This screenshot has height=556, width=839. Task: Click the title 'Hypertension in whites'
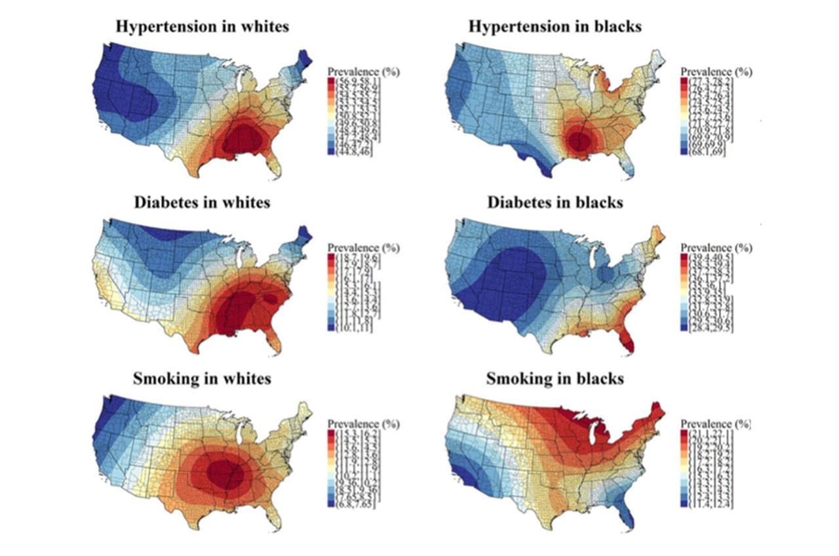coord(203,27)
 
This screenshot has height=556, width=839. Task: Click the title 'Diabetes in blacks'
coord(555,202)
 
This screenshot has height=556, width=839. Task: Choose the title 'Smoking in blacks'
coord(555,378)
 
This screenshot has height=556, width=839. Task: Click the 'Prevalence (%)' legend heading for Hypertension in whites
coord(363,71)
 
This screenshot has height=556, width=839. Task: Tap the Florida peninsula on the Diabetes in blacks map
coord(628,340)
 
